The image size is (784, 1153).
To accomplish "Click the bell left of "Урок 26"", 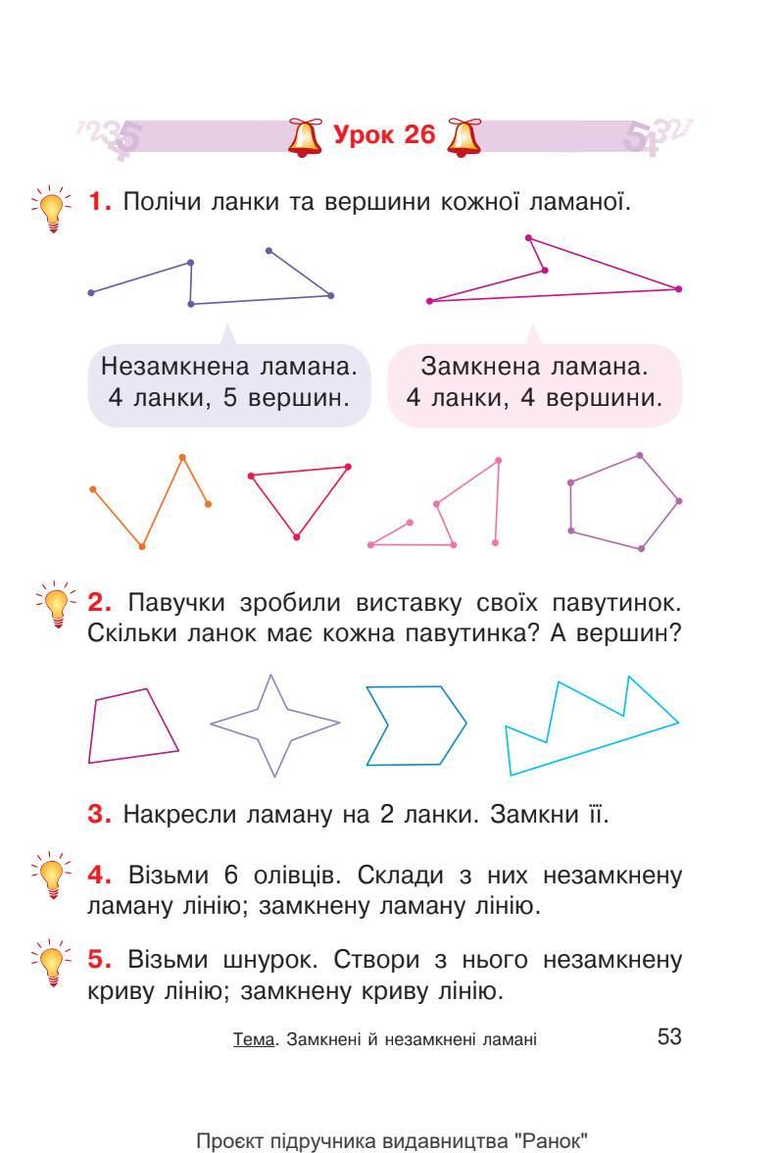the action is [306, 137].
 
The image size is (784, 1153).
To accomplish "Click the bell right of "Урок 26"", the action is [464, 137].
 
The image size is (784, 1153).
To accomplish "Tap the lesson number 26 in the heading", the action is [416, 135].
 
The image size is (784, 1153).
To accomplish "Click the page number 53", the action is [669, 1035].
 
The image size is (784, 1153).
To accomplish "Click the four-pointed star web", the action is [275, 724].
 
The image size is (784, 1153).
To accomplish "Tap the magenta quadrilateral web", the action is [131, 726].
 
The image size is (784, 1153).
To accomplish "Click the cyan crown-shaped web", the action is [588, 727].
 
